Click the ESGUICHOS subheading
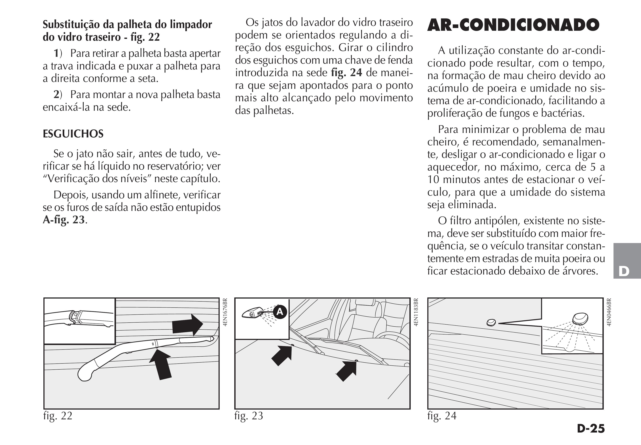73,134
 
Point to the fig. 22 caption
58,416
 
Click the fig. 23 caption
249,416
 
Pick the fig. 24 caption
442,416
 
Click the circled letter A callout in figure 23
280,312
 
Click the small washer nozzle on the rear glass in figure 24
491,323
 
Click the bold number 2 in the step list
56,95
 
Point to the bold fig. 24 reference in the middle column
346,73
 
